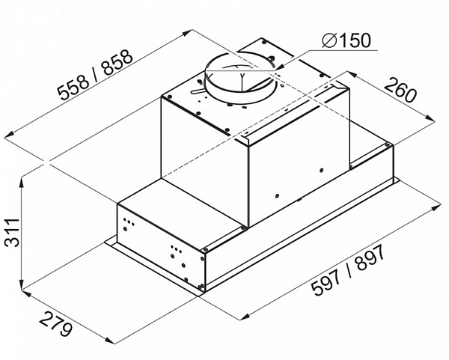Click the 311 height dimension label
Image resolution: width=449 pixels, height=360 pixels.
(x=12, y=232)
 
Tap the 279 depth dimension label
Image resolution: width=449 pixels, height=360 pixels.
(x=55, y=325)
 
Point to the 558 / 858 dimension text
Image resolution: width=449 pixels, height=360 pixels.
(x=95, y=75)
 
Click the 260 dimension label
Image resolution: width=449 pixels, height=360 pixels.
(x=400, y=89)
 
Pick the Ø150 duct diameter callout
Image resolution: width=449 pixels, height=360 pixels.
(x=346, y=40)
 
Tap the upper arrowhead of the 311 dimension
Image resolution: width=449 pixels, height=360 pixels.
(x=22, y=183)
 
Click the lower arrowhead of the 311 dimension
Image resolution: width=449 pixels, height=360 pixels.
(x=22, y=286)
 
